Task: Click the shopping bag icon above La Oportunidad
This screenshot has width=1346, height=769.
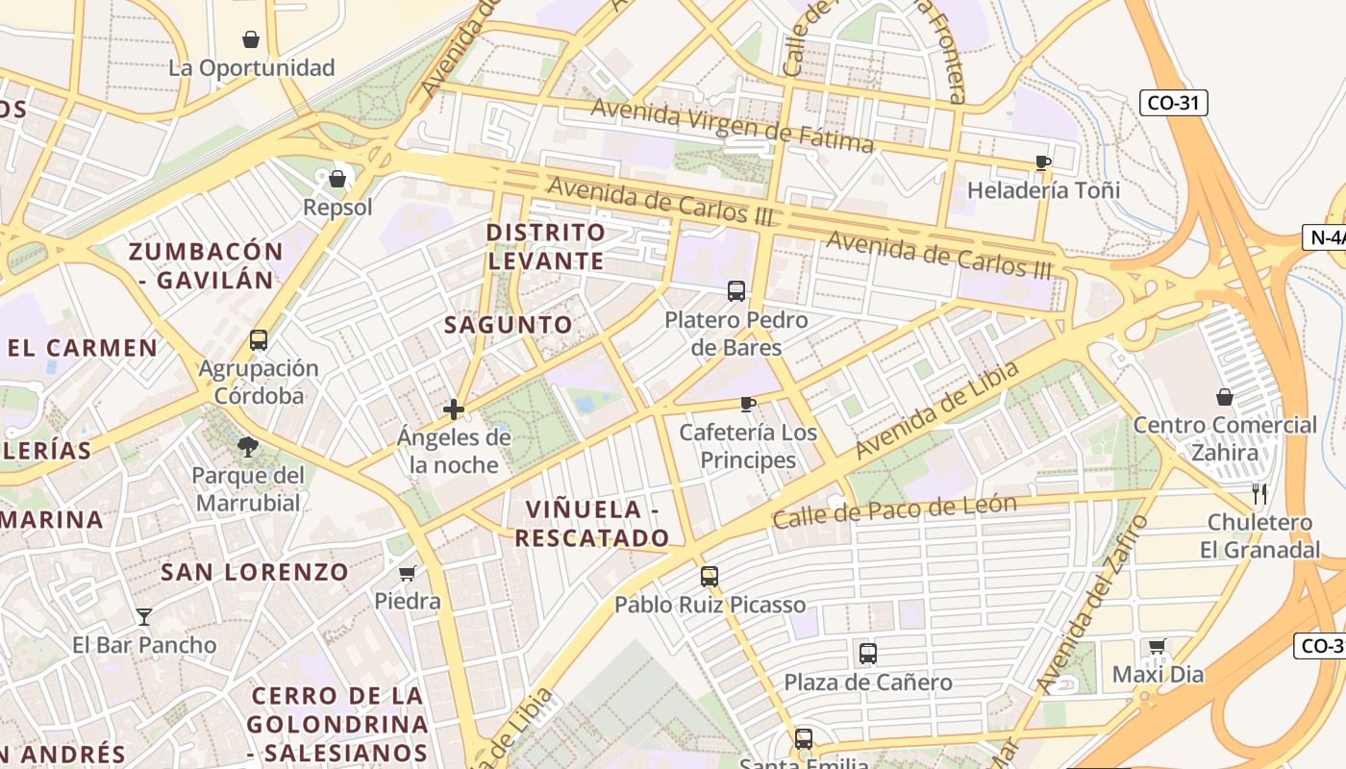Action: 251,39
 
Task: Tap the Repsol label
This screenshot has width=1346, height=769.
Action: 337,208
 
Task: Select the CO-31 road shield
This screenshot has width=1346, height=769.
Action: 1173,103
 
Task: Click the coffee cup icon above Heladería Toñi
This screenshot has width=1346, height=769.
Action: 1043,162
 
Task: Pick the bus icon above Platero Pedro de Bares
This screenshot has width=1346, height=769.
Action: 736,291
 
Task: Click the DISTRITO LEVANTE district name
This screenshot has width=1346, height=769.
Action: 546,247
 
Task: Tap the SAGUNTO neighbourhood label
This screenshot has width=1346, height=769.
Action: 509,325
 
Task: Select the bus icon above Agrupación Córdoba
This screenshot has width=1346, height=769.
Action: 259,340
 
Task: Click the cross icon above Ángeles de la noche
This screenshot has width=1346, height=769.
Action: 454,409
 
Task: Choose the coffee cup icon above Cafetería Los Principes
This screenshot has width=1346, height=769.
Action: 748,404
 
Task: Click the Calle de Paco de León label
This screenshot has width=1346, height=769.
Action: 894,511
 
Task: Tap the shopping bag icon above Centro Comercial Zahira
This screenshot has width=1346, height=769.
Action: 1225,397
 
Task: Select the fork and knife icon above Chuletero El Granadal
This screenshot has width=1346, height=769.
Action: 1259,494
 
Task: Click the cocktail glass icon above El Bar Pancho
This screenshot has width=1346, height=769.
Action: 144,616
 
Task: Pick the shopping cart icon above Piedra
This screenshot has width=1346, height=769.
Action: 408,574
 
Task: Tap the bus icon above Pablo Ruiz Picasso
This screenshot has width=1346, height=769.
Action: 710,577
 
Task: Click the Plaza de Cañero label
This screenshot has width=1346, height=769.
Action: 868,682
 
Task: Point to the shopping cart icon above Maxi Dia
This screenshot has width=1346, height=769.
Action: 1158,647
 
